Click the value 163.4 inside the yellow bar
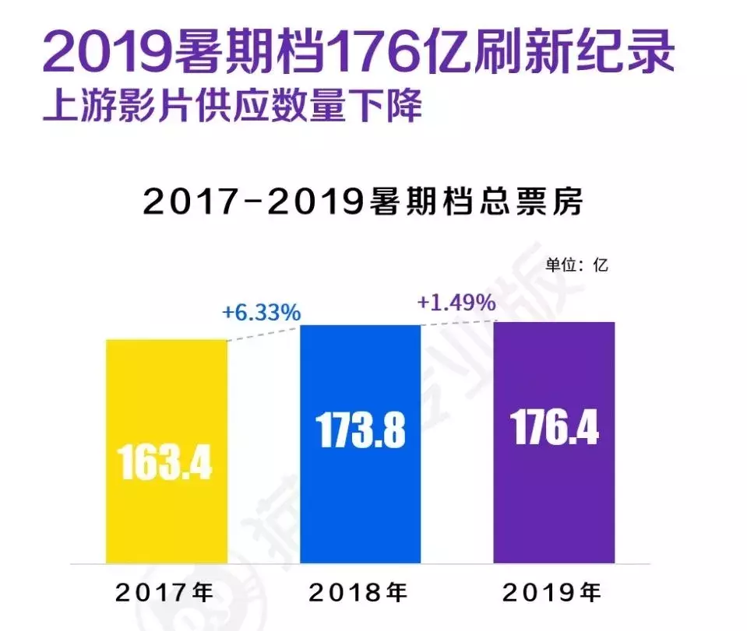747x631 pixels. (165, 461)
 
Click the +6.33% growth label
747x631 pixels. (261, 313)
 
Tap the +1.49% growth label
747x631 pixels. (456, 303)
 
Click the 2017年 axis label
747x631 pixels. (165, 594)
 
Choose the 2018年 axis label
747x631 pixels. (359, 594)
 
